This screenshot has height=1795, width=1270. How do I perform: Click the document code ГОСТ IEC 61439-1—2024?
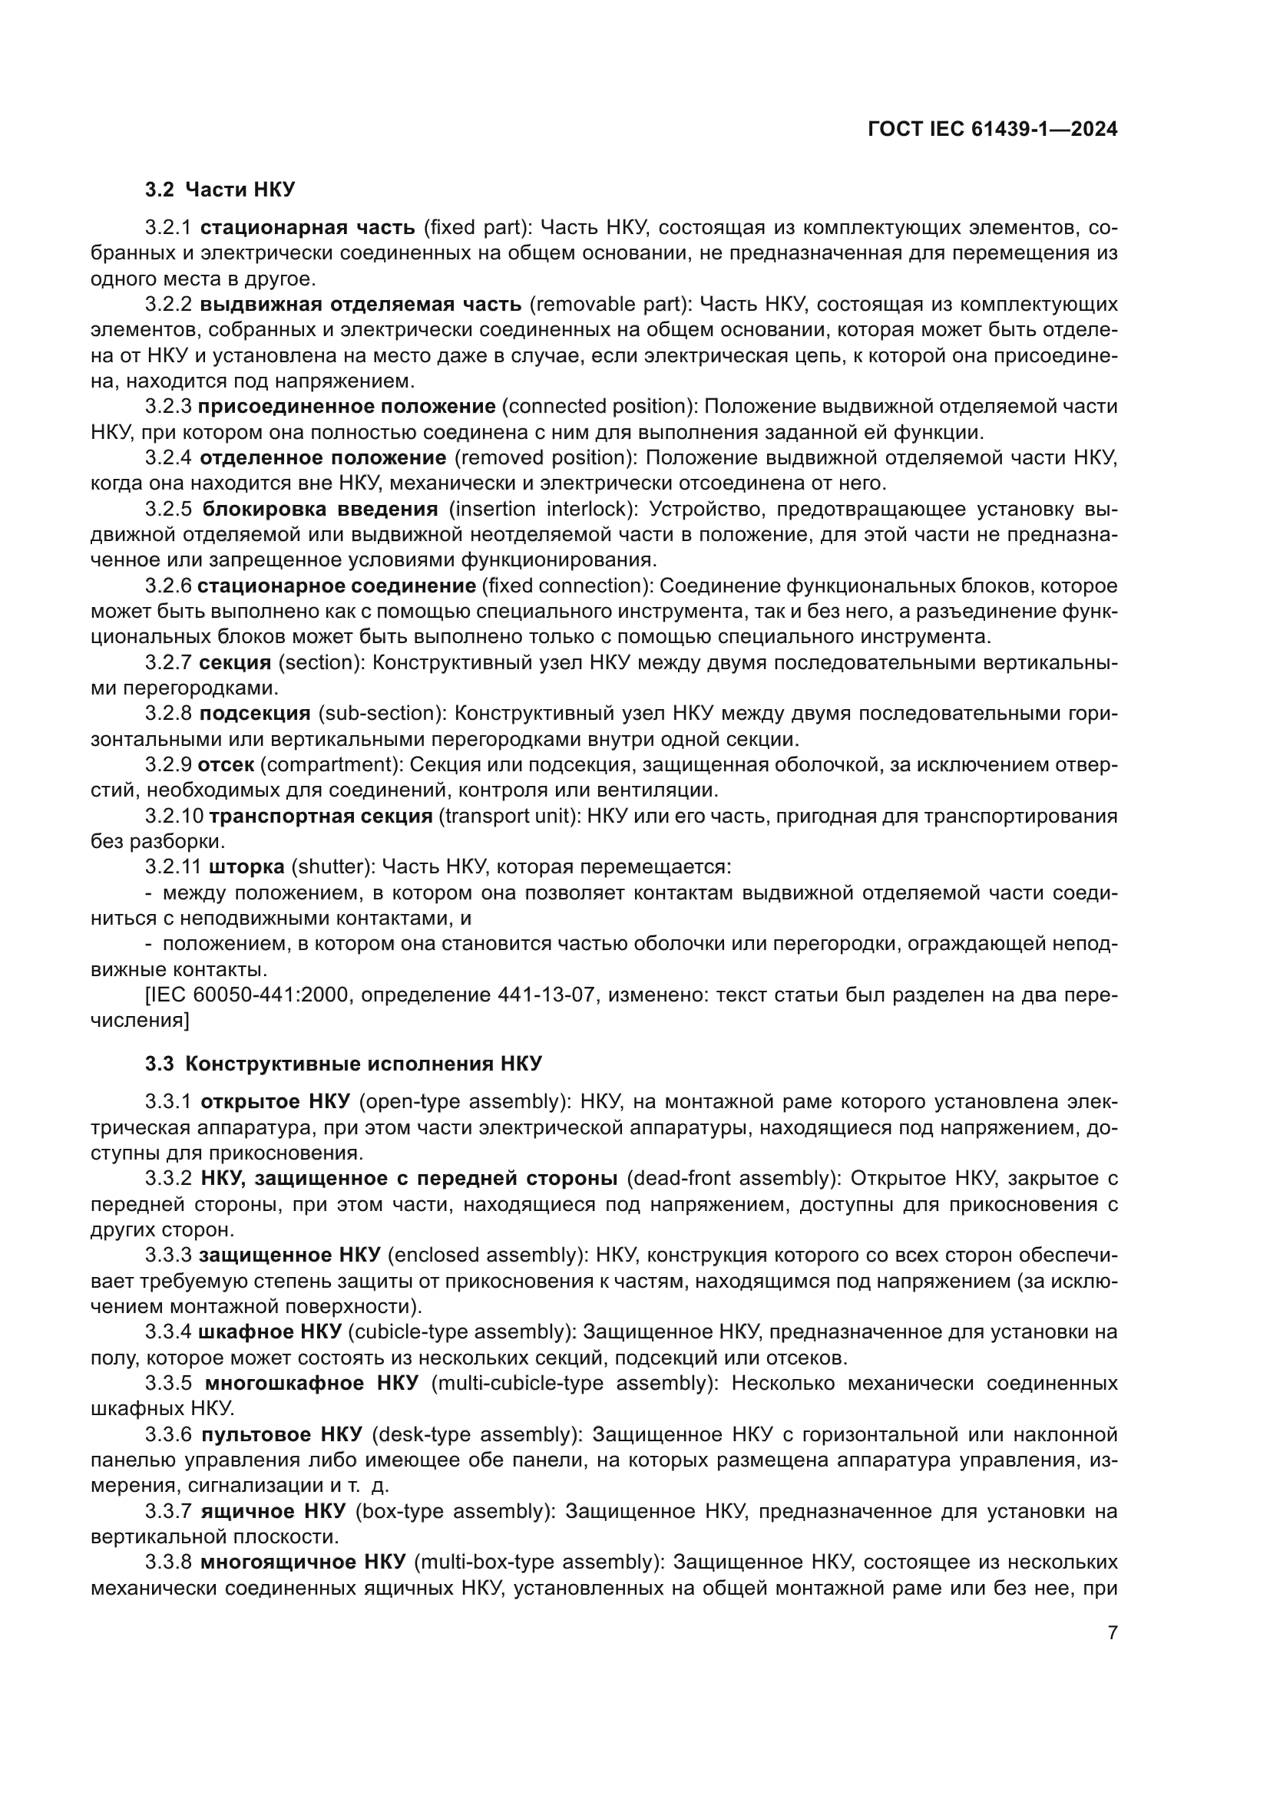point(992,130)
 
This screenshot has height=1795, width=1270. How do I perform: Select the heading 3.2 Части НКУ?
point(220,190)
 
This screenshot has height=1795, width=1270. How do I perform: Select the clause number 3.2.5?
point(168,510)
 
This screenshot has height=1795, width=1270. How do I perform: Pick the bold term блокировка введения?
point(320,510)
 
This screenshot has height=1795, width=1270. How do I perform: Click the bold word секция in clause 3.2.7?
point(235,663)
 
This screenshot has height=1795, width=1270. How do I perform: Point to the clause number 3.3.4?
point(168,1331)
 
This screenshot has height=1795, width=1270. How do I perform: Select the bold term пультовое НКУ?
point(282,1434)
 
